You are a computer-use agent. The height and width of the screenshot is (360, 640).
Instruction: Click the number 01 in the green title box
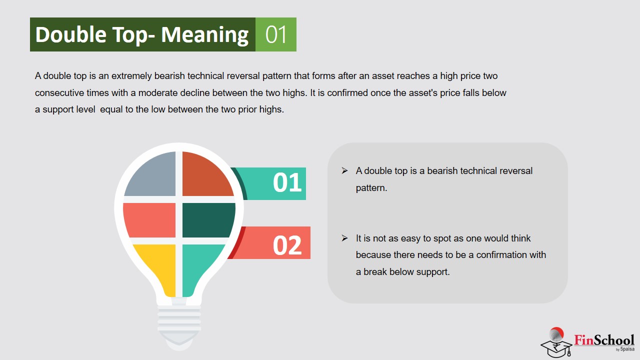point(275,34)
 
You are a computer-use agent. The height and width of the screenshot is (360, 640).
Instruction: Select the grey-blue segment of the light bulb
point(151,174)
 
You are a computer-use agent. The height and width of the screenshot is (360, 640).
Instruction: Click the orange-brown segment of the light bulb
point(206,174)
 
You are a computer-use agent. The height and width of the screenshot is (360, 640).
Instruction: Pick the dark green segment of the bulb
point(208,220)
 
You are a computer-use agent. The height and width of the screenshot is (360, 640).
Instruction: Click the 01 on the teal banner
point(287,182)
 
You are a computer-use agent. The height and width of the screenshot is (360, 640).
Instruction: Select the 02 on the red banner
point(287,245)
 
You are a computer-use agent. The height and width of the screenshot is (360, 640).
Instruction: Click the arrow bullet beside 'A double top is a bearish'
point(344,171)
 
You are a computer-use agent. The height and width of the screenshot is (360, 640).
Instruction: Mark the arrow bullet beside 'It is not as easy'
point(344,238)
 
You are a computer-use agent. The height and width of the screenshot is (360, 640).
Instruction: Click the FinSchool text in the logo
point(604,340)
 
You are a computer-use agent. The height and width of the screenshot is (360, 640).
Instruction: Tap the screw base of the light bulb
point(179,322)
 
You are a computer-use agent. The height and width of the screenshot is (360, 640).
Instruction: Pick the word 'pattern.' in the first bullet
point(371,188)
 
